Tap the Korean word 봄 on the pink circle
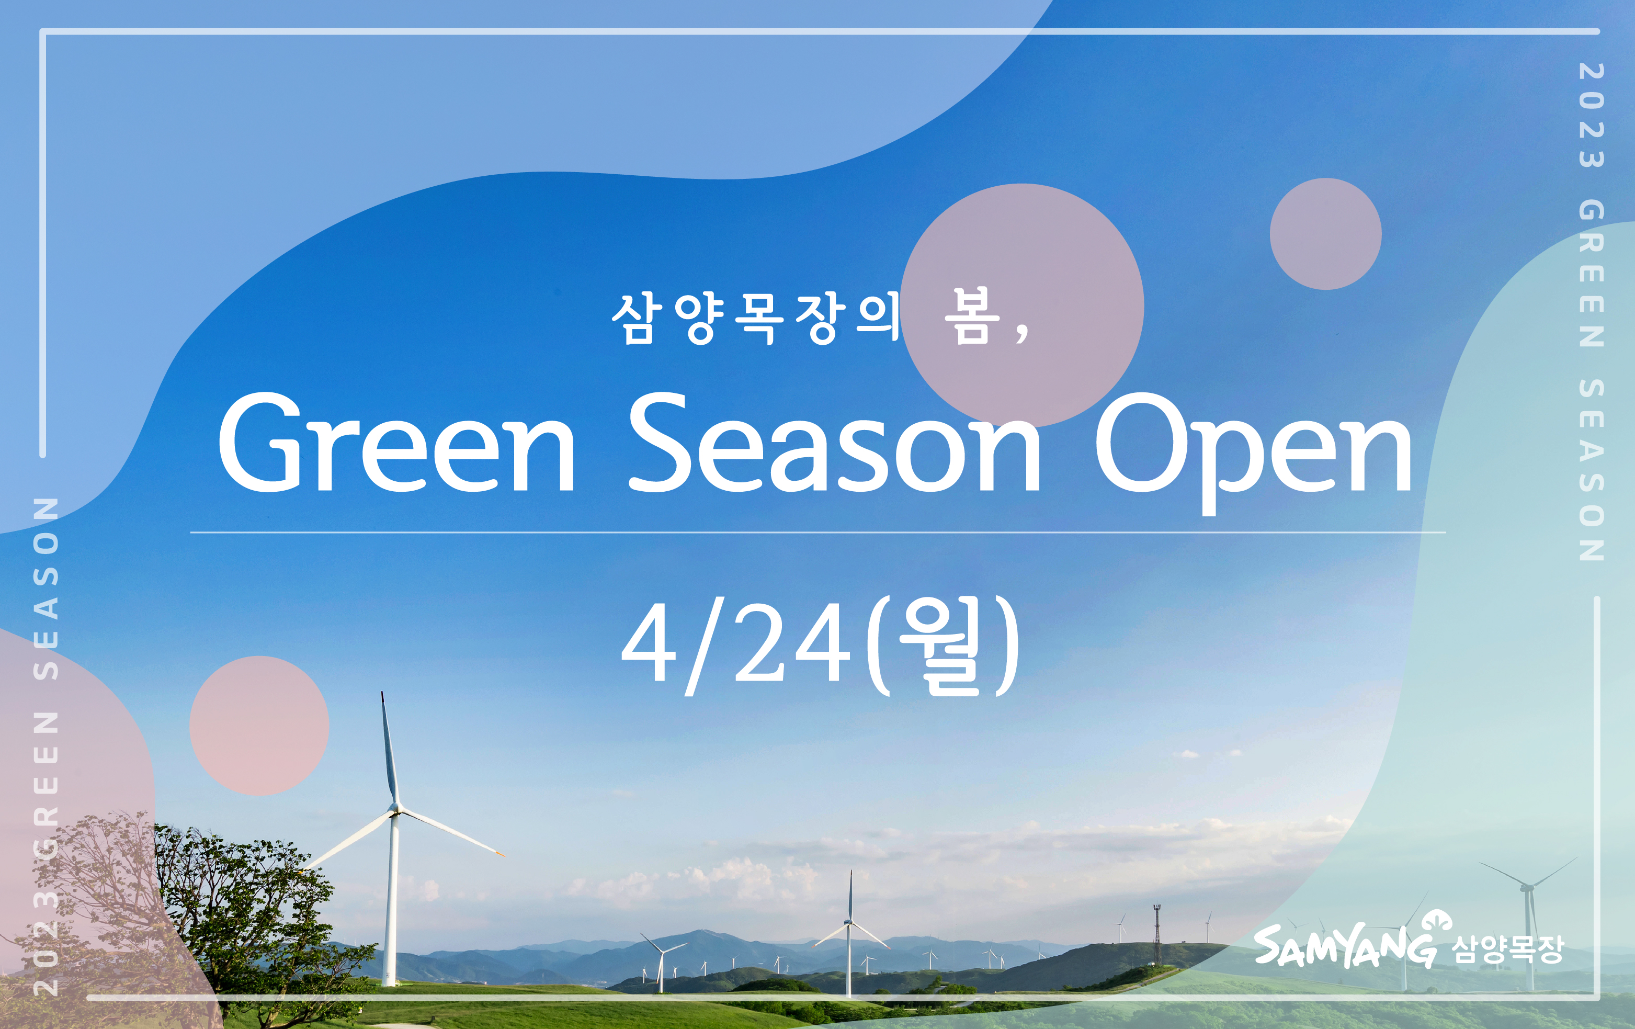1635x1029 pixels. click(x=972, y=316)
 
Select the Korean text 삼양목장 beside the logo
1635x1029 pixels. click(x=1507, y=949)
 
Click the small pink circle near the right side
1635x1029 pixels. click(x=1325, y=234)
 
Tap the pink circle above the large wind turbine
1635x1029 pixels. click(x=259, y=726)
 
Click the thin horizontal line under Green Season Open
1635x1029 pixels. click(x=818, y=533)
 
